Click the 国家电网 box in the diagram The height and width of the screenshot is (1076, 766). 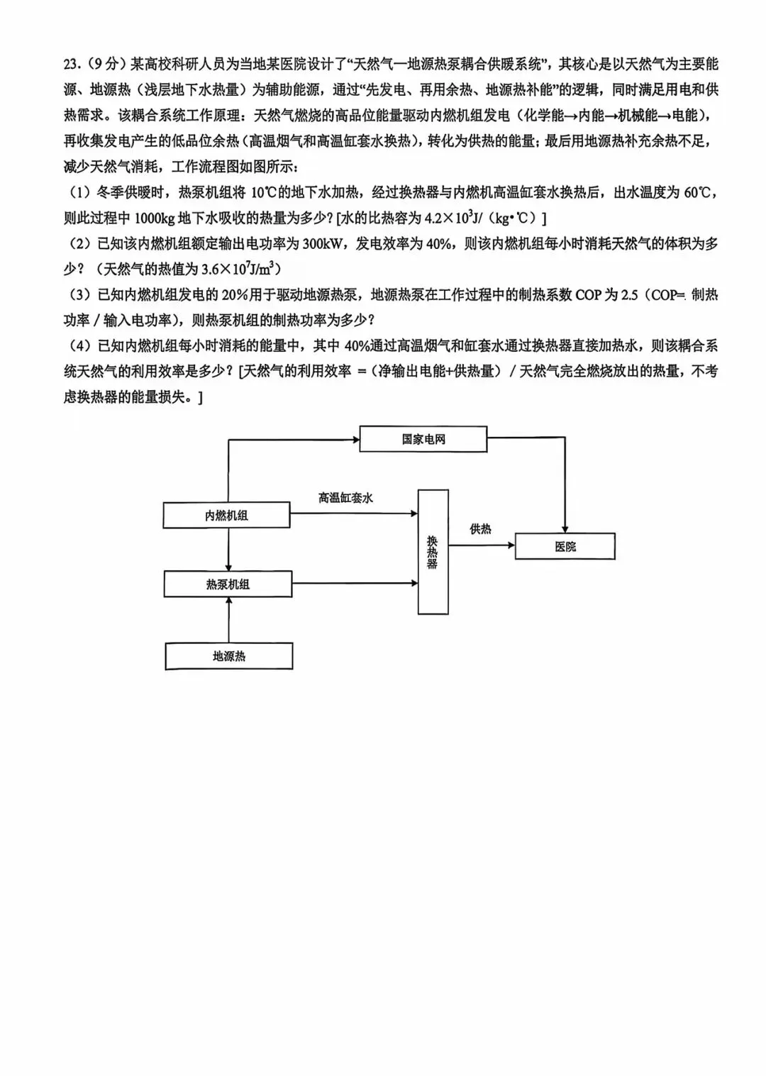pos(423,439)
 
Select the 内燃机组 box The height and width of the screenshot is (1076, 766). pos(226,516)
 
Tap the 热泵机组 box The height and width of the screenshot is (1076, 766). pos(228,584)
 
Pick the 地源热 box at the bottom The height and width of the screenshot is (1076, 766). pos(228,656)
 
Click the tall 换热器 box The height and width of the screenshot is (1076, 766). pos(433,552)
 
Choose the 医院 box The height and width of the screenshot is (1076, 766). pos(565,547)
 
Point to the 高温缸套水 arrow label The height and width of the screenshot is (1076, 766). pos(345,498)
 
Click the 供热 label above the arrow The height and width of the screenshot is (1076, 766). pos(480,529)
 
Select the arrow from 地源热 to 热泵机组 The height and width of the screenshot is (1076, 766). pos(228,620)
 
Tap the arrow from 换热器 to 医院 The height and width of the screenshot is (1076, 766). pos(482,545)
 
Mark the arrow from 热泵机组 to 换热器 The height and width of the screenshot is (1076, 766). pos(355,583)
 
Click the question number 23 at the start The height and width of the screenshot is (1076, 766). pos(72,65)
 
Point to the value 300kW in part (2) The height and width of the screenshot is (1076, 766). pos(323,244)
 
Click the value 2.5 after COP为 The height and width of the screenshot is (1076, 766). pos(629,295)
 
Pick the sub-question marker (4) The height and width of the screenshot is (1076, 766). pos(79,346)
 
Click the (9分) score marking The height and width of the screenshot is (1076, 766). pos(104,65)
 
